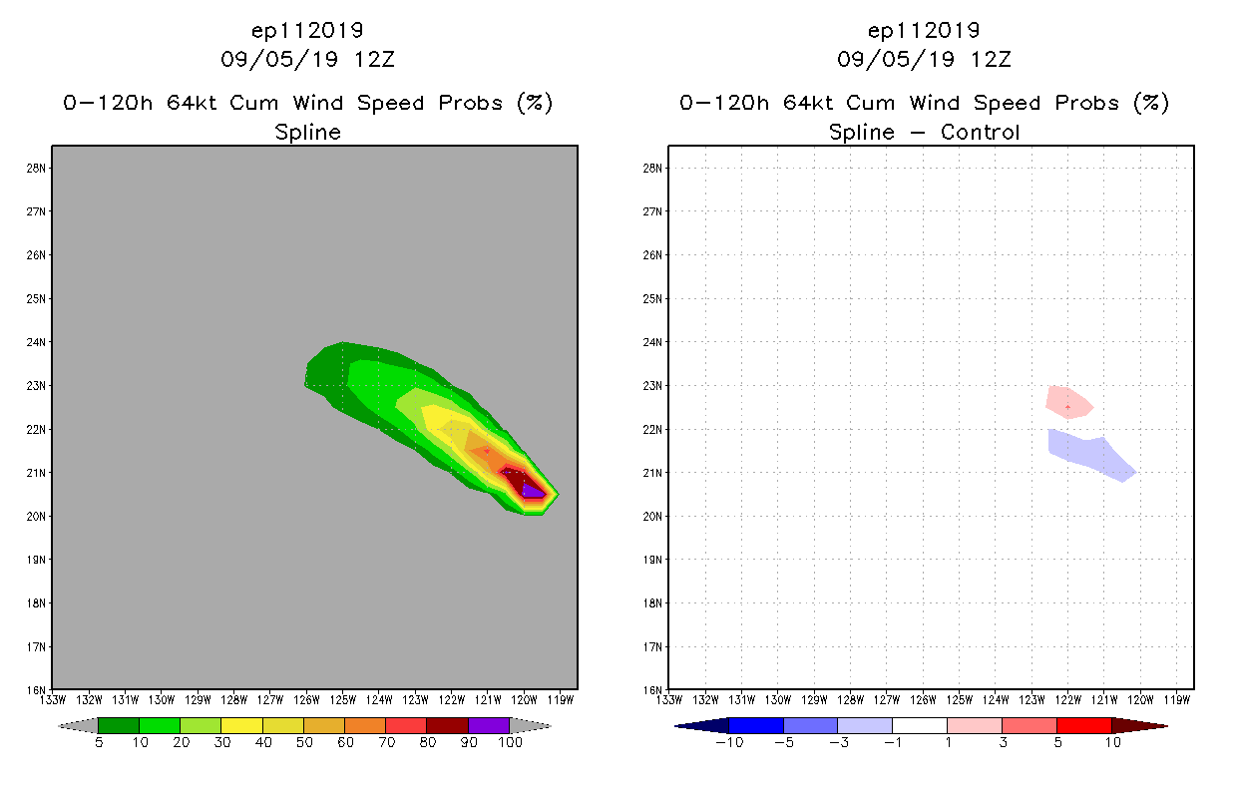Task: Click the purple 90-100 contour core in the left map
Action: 532,490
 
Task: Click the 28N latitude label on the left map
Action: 37,168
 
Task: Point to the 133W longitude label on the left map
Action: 53,699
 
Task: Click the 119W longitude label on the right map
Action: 1177,699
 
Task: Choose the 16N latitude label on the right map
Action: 653,690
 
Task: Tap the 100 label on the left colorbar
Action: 510,742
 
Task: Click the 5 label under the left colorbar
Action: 99,742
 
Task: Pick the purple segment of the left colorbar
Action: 489,725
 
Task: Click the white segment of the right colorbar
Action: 920,725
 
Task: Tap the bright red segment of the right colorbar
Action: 1083,725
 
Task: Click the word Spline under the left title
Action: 308,132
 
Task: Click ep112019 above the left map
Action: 308,31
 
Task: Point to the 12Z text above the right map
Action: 991,59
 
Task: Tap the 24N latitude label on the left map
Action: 37,342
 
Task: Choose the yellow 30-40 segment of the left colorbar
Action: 241,725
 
